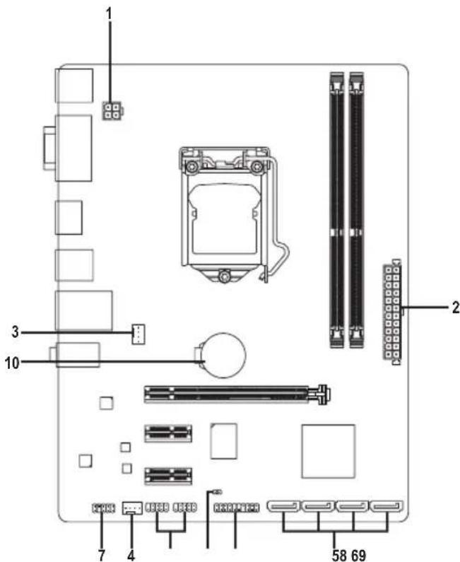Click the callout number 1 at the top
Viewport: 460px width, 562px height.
point(108,14)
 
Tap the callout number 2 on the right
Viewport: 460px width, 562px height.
point(455,308)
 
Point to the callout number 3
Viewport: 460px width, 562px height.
point(15,332)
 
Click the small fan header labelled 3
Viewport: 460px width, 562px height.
point(138,334)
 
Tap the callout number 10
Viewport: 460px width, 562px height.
point(12,363)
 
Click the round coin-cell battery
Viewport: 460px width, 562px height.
point(223,355)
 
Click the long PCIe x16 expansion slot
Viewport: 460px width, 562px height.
point(237,394)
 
